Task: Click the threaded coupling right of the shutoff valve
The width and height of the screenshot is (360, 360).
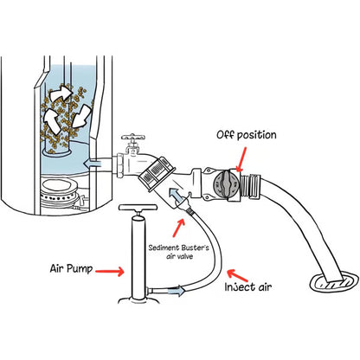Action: tap(260, 183)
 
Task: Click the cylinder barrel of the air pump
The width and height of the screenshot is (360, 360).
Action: tap(135, 255)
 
